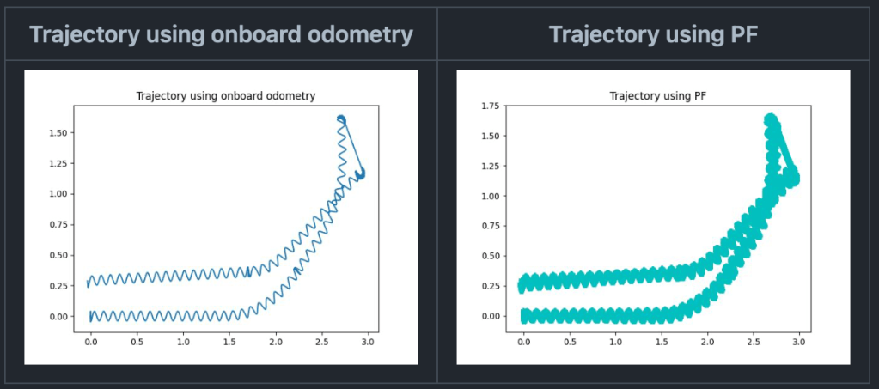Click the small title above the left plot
point(226,96)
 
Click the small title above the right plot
point(657,96)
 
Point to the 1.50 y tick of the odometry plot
point(58,133)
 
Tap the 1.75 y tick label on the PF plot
point(491,106)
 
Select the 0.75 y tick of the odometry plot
point(58,225)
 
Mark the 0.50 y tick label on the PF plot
point(491,256)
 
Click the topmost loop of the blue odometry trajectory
point(341,119)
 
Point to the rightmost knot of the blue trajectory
point(360,173)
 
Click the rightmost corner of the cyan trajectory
point(796,179)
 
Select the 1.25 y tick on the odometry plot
point(58,164)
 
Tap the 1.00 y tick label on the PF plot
point(491,196)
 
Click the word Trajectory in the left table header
point(84,34)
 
